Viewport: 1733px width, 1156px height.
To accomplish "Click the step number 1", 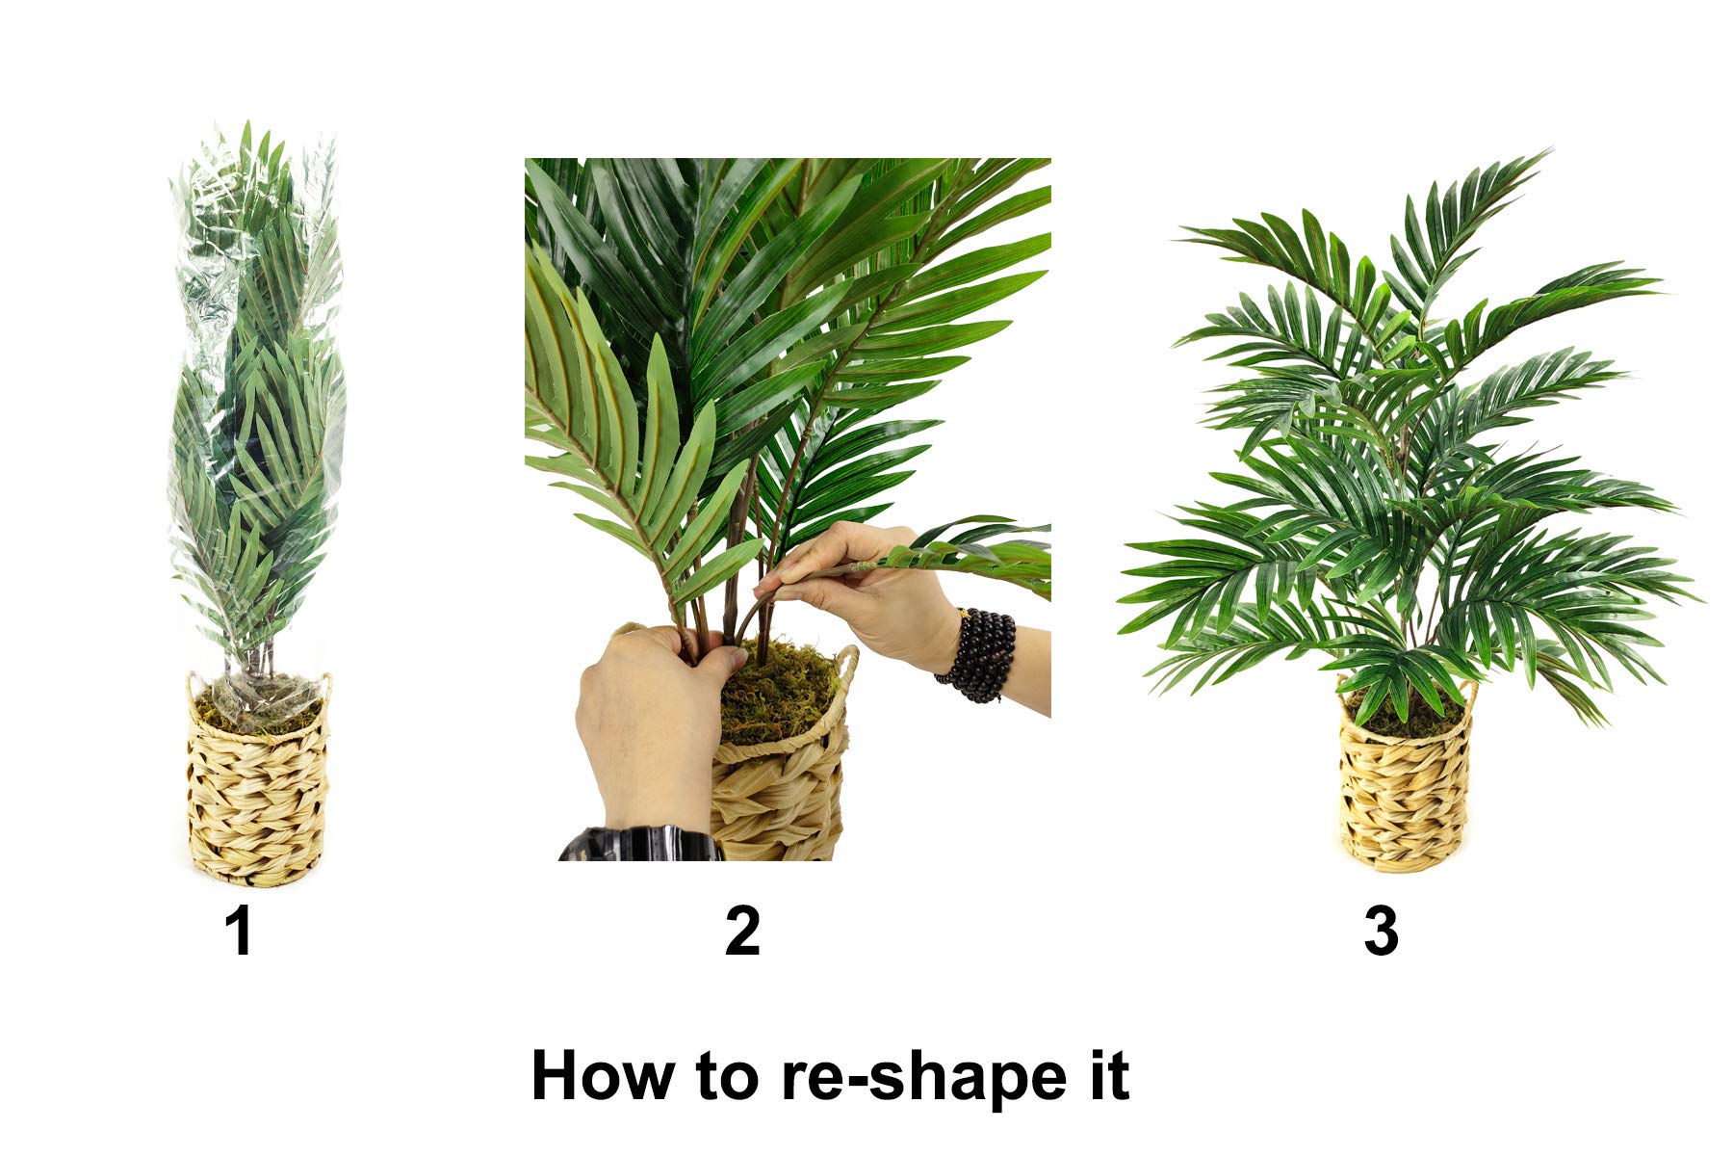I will (239, 932).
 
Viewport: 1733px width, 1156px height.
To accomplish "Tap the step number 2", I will (742, 932).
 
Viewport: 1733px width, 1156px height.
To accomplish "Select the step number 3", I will (1381, 932).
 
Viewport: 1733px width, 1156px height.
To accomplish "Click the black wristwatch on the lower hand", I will (640, 845).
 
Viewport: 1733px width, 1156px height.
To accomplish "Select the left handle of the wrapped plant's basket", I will (193, 686).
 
